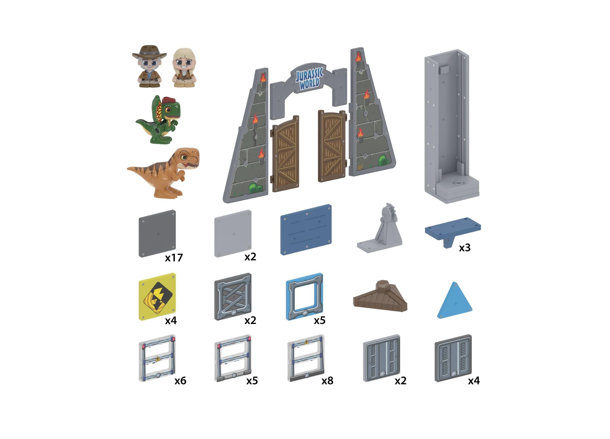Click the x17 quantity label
click(174, 258)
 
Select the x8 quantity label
click(327, 381)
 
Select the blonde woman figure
click(184, 68)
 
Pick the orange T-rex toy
click(164, 172)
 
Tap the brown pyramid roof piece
click(380, 296)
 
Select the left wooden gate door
click(285, 154)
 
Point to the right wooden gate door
click(332, 146)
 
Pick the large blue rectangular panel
click(306, 230)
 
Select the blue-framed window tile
click(304, 297)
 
